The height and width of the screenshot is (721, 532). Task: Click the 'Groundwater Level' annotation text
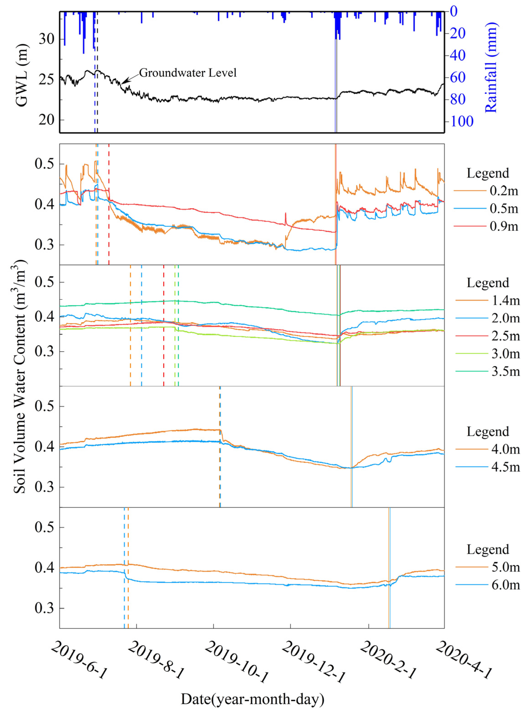click(x=188, y=73)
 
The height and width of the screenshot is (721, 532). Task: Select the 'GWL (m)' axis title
click(x=22, y=75)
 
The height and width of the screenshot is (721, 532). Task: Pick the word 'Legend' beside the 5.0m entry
click(x=488, y=549)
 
